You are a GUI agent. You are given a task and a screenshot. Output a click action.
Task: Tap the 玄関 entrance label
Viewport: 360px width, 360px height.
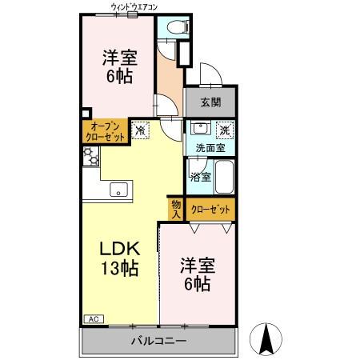211,102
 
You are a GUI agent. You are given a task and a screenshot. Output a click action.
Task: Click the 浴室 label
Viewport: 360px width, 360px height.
202,177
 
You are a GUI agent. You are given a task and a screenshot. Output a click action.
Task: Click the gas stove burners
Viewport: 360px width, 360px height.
89,158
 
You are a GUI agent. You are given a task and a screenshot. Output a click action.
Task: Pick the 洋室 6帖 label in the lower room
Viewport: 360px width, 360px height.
195,274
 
